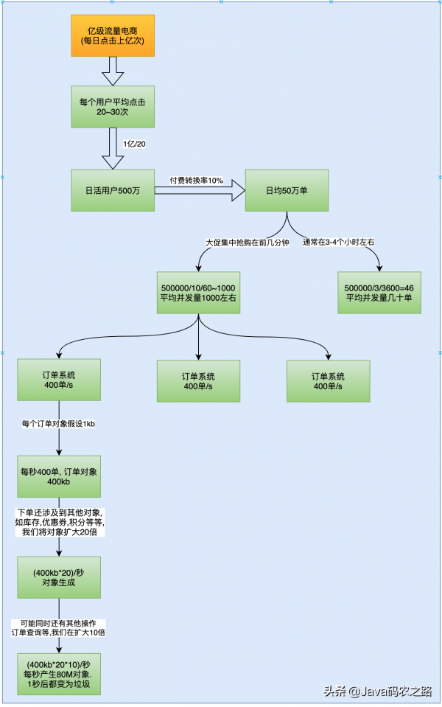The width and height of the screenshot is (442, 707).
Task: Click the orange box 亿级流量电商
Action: tap(113, 35)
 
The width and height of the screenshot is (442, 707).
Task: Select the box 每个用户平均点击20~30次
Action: tap(113, 105)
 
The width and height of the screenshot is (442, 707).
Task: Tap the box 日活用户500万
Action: tap(113, 190)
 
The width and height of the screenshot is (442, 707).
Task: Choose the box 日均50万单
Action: tap(287, 190)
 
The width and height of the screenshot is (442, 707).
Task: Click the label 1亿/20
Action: tap(134, 143)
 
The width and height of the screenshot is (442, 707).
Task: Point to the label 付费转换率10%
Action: tap(196, 181)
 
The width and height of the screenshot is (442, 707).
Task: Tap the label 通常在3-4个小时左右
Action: tap(338, 242)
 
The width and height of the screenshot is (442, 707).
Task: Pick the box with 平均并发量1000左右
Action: tap(199, 293)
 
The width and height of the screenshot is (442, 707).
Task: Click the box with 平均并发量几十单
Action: tap(379, 293)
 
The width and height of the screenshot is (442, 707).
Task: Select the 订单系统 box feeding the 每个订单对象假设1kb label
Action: tap(58, 380)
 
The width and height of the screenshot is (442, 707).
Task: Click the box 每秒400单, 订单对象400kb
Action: tap(58, 476)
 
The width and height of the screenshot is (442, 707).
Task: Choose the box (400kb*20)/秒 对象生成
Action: tap(58, 577)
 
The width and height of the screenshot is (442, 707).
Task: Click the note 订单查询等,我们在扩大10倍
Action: tap(58, 628)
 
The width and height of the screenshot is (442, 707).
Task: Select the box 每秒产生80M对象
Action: tap(58, 673)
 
